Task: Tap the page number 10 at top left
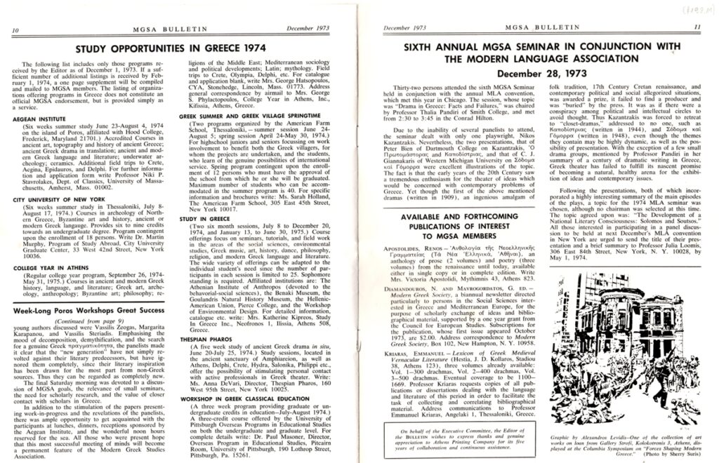click(x=16, y=29)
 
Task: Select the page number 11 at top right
click(x=697, y=29)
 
